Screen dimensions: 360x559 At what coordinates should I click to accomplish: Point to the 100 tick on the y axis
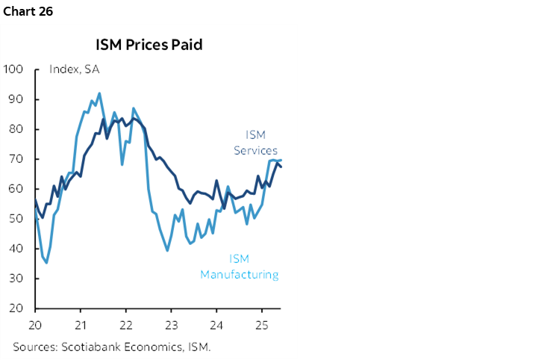[14, 69]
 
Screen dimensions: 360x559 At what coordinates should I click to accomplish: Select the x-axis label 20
[35, 326]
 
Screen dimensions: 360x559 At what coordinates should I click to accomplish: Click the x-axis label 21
[81, 326]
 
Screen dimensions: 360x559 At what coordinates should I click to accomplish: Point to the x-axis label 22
[125, 326]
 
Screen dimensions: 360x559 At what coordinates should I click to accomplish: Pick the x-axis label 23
[171, 326]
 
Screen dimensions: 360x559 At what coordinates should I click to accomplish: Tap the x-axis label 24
[216, 326]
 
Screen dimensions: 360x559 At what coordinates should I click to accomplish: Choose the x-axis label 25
[261, 326]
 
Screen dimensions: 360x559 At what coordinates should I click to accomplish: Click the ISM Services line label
[256, 143]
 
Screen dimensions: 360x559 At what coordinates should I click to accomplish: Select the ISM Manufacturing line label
[239, 267]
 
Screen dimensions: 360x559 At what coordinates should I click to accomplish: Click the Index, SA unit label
[74, 69]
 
